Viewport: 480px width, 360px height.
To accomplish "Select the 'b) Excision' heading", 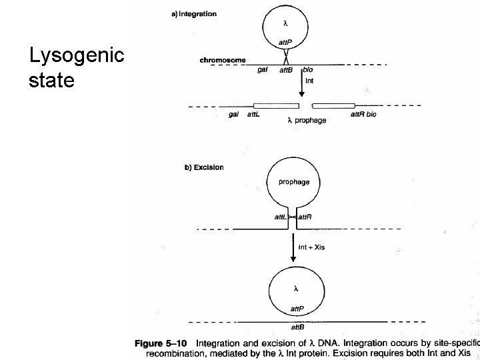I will click(204, 167).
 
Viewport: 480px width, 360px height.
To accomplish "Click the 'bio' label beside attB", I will click(307, 69).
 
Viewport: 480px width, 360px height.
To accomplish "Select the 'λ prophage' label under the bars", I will click(307, 121).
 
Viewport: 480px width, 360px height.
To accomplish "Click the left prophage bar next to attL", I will click(276, 105).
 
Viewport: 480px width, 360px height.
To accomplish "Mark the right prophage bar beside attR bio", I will click(333, 105).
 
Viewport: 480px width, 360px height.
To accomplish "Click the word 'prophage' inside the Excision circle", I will click(293, 181).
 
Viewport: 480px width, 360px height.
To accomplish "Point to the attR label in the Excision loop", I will click(305, 217).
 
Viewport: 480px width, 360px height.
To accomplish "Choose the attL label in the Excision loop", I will click(281, 217).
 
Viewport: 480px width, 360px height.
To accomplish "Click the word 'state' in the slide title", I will click(51, 81).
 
